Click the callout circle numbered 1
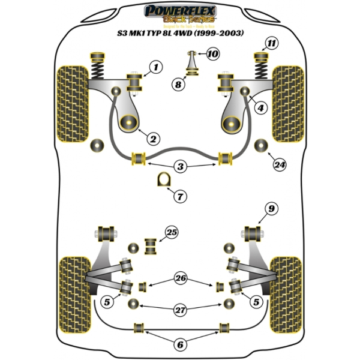point(155,68)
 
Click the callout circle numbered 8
point(178,85)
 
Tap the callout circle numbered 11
point(272,43)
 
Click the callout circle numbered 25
point(172,232)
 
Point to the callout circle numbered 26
point(180,277)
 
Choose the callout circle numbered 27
point(180,310)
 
